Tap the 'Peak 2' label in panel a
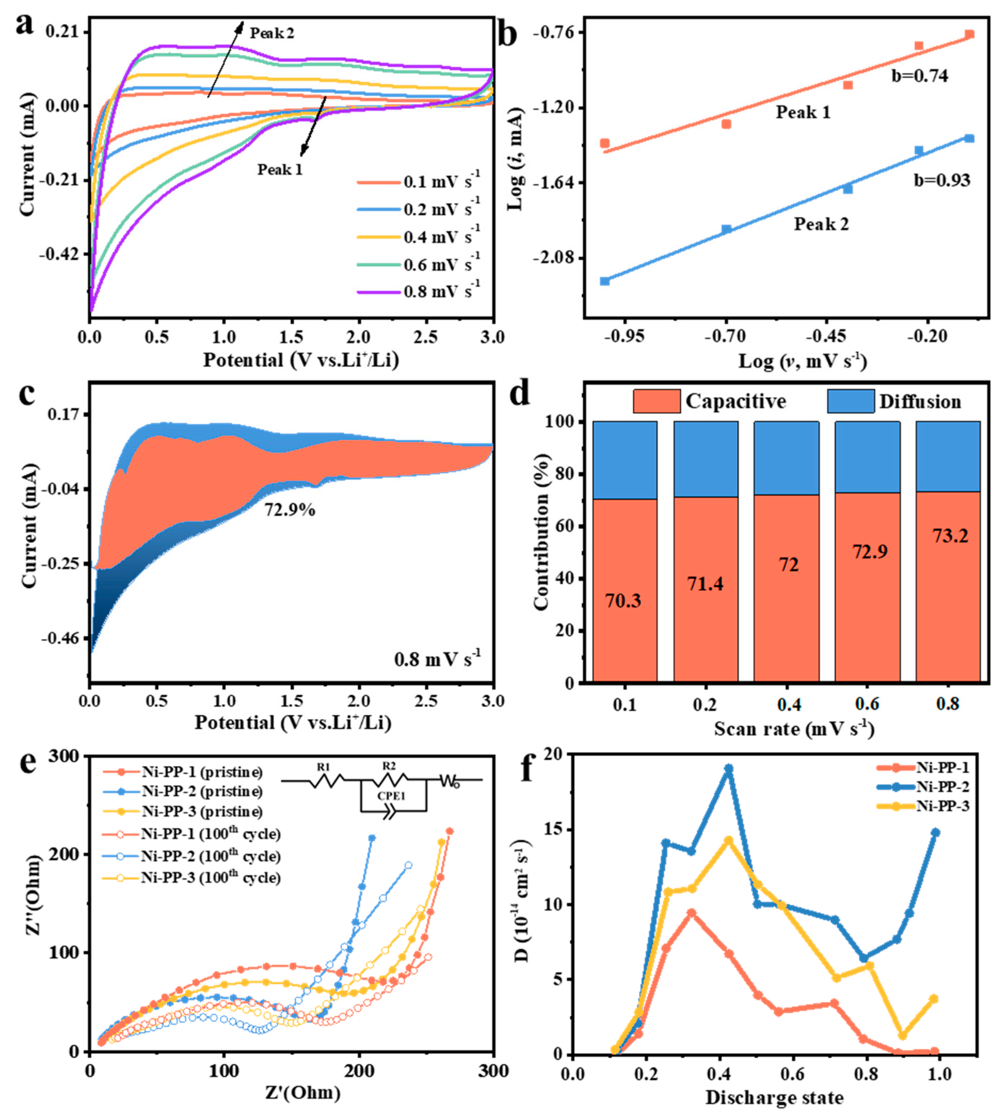(x=272, y=33)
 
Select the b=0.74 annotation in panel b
(x=919, y=76)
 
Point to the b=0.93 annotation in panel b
(x=942, y=180)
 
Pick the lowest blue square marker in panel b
(x=605, y=281)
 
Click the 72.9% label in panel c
(x=289, y=509)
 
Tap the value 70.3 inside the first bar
(x=623, y=601)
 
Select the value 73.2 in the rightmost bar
(x=950, y=535)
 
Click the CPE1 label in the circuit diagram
(x=391, y=796)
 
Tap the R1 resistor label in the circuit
(x=324, y=767)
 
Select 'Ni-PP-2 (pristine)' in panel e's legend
(x=201, y=791)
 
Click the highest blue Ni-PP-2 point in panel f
(x=728, y=769)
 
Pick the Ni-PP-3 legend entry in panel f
(x=942, y=806)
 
